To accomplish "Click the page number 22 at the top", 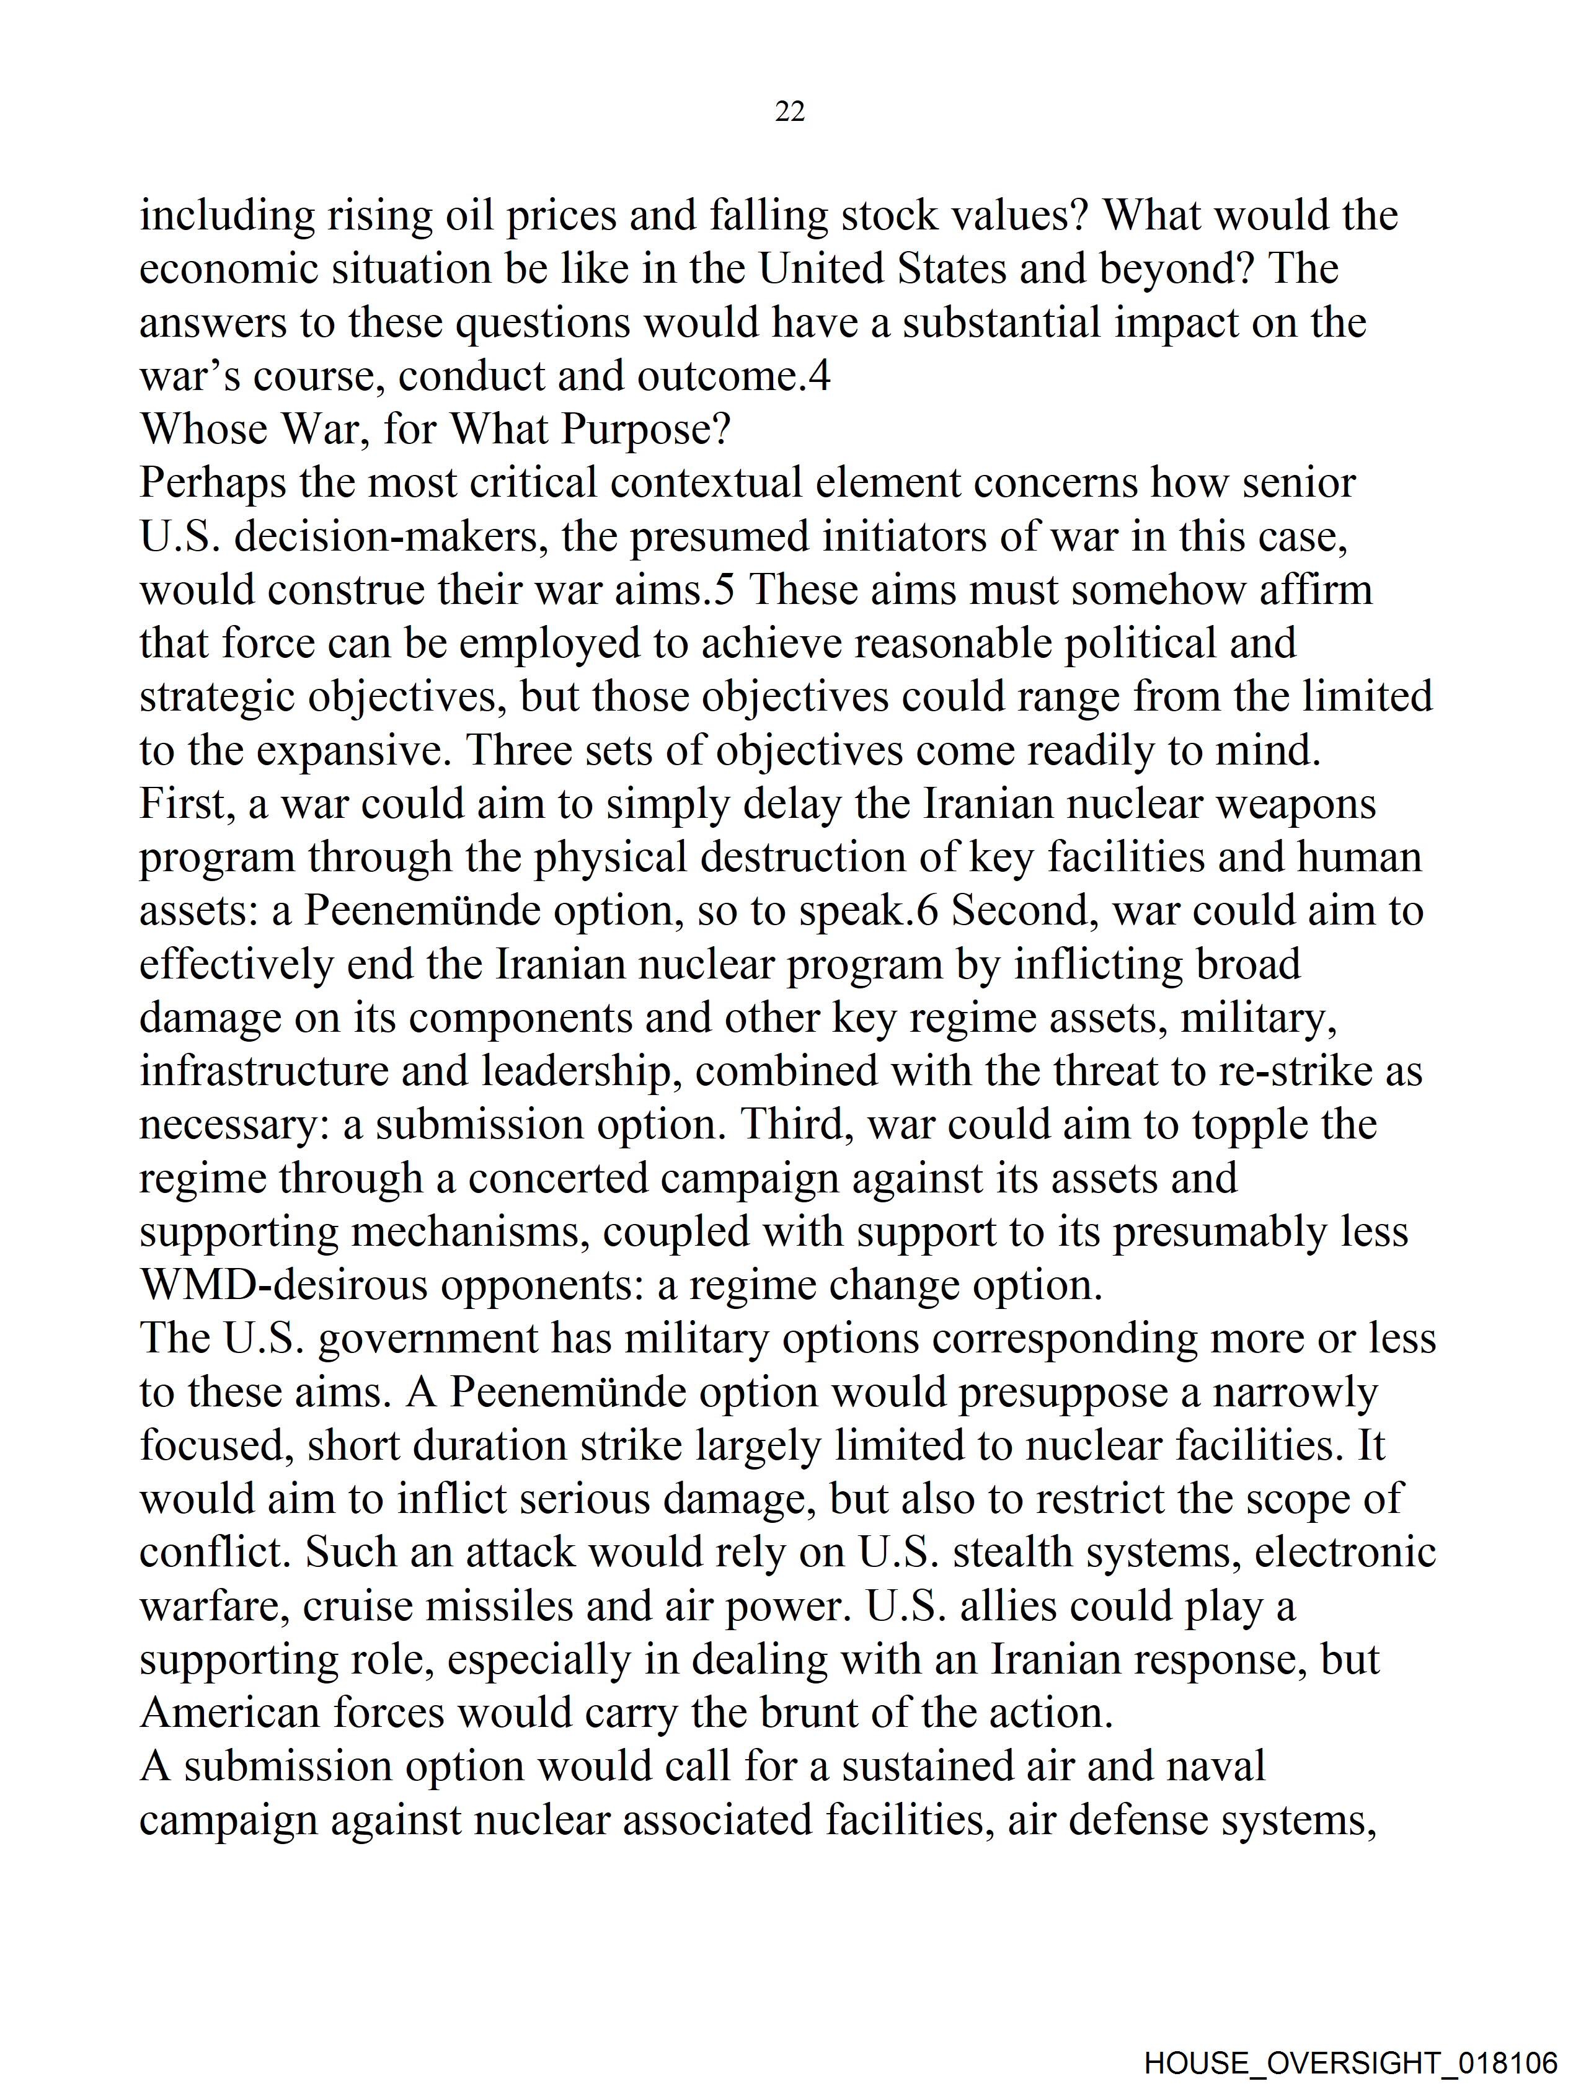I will tap(789, 112).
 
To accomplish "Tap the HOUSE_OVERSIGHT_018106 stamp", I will tap(1350, 2060).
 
